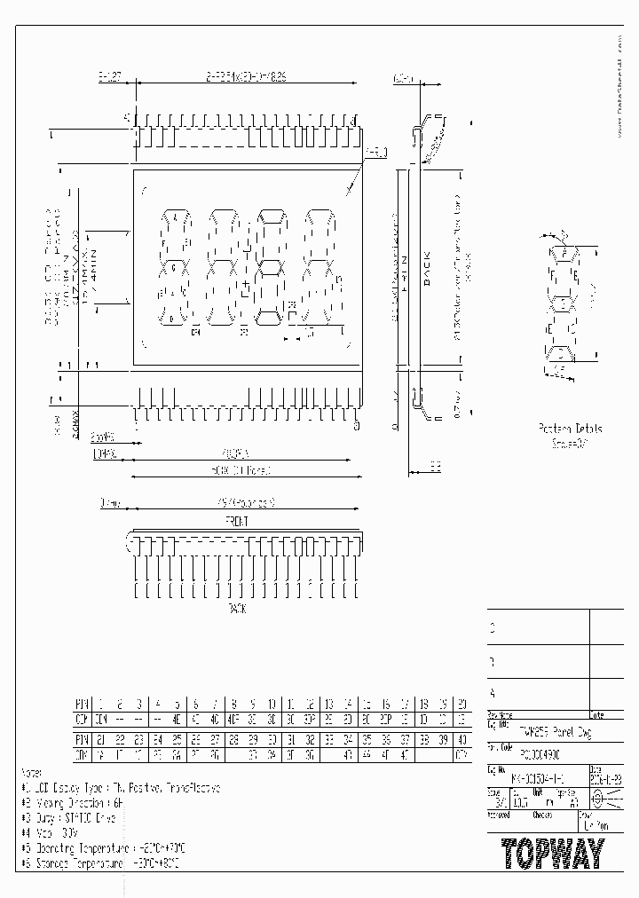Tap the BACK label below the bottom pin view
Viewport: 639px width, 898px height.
coord(236,609)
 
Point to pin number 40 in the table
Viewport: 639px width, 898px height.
coord(461,738)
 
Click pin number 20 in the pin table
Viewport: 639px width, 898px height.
coord(461,703)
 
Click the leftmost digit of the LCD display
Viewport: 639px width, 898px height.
coord(174,266)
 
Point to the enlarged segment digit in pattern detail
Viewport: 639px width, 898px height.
coord(562,302)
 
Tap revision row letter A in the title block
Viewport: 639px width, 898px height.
coord(493,692)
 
